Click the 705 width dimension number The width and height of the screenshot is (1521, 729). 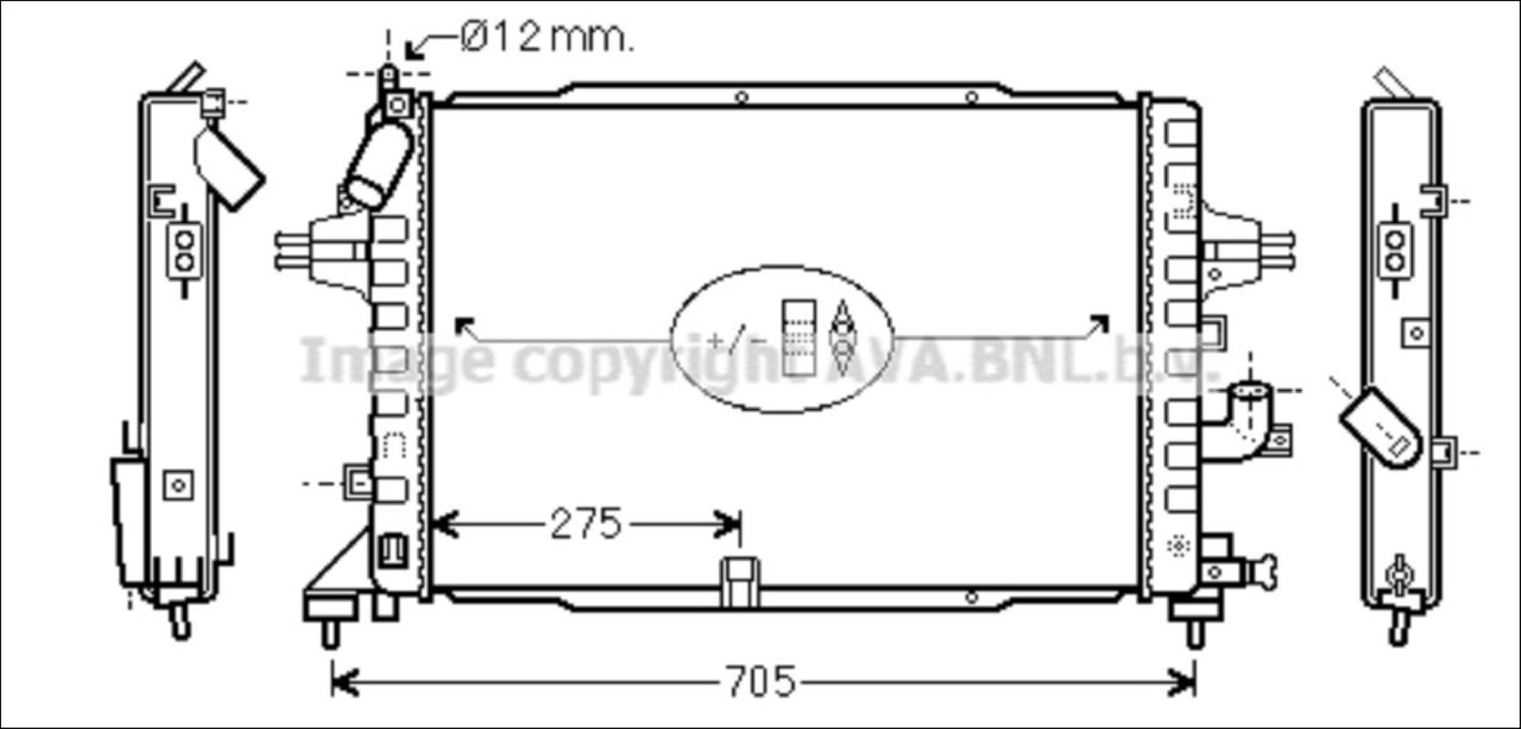pyautogui.click(x=760, y=681)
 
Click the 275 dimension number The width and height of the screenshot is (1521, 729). pyautogui.click(x=586, y=524)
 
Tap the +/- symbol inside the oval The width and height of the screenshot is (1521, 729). pyautogui.click(x=736, y=339)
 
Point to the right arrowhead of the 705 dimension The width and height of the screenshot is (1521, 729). pyautogui.click(x=1182, y=682)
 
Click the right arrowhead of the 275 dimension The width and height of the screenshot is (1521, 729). pyautogui.click(x=728, y=525)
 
